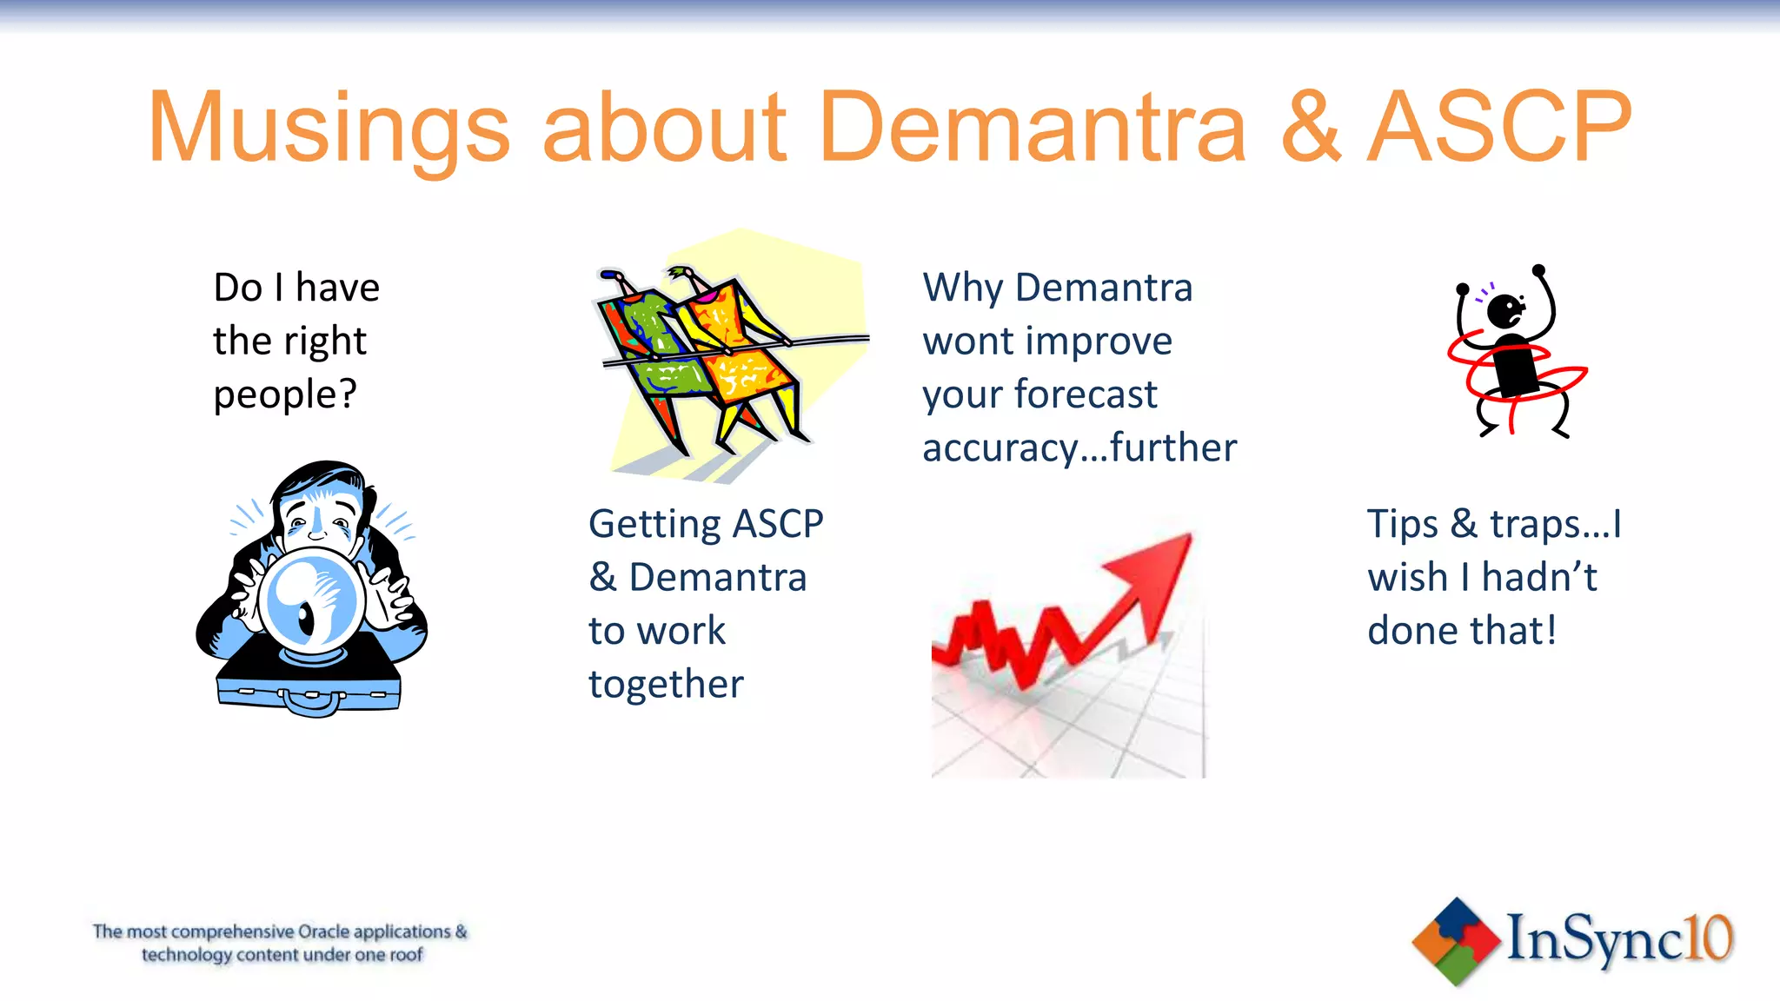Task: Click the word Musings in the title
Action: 329,129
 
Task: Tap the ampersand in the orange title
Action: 1311,129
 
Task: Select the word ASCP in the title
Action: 1500,129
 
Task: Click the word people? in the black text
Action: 284,395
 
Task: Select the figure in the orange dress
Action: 739,348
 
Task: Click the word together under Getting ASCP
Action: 666,685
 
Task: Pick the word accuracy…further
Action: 1079,448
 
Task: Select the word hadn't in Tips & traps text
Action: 1539,578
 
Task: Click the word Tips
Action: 1402,525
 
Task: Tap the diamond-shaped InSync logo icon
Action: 1456,942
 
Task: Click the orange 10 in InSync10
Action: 1708,938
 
